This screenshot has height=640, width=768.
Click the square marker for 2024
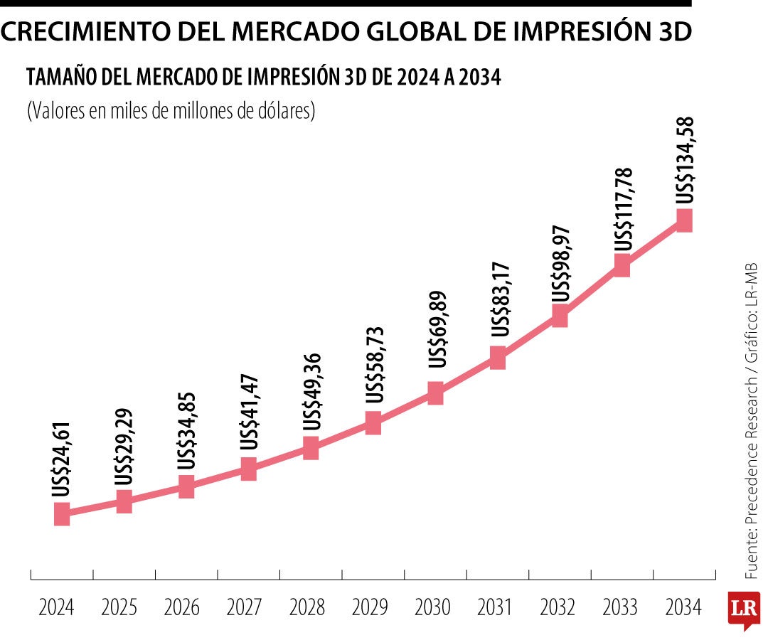(x=62, y=513)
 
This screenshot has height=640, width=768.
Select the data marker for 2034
(x=684, y=220)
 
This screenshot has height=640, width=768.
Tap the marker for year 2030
(x=435, y=393)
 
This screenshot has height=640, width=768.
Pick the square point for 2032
(x=560, y=316)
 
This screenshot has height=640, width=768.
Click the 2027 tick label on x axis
(x=244, y=608)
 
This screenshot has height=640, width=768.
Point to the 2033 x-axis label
(x=620, y=608)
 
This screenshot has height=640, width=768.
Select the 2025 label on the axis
(x=119, y=608)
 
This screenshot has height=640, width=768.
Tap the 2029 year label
(x=370, y=608)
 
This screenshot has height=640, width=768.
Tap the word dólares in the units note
(x=288, y=112)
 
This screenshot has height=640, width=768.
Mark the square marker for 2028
(x=311, y=448)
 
